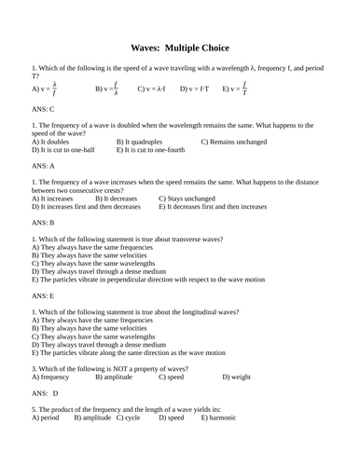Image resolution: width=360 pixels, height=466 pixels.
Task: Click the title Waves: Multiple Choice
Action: click(180, 48)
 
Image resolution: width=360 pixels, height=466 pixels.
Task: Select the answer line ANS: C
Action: click(45, 109)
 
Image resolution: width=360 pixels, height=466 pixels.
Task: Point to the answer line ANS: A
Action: click(45, 167)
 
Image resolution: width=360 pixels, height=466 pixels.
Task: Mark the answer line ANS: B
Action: click(45, 224)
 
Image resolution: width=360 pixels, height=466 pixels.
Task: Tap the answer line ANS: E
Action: click(45, 295)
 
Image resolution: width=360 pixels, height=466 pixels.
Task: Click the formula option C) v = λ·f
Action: click(151, 89)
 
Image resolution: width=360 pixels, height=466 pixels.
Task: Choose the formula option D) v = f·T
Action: click(195, 89)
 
